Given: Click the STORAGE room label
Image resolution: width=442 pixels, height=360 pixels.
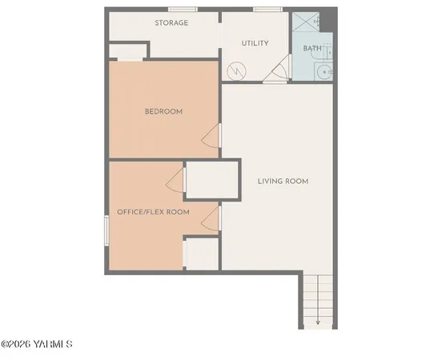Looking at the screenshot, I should coord(171,23).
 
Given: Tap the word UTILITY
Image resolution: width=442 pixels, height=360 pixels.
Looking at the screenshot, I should coord(255,43).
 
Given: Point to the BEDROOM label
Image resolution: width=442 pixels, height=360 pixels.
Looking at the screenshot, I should coord(163,111).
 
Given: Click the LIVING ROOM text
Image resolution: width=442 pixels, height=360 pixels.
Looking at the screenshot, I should coord(283,181).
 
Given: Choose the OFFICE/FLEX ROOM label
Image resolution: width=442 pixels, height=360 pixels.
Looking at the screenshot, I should coord(153,212).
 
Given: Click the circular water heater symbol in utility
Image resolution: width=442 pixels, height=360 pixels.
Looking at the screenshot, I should coord(236,71).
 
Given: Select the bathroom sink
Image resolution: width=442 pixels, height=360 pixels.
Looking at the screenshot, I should coord(323,71).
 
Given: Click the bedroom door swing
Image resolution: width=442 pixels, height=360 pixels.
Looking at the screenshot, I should coord(210,138).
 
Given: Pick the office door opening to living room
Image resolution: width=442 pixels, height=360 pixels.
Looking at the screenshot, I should coord(211,218).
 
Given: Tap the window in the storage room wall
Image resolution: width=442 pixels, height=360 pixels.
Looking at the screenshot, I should coord(183,10).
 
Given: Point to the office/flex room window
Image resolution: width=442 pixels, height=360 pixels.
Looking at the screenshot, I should coord(106,231).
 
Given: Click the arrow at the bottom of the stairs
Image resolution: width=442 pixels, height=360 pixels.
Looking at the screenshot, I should coord(318,322).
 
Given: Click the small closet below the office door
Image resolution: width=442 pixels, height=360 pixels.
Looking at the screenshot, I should coord(203,254).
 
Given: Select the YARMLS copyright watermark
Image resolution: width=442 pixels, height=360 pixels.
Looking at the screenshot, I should coord(37,345).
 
